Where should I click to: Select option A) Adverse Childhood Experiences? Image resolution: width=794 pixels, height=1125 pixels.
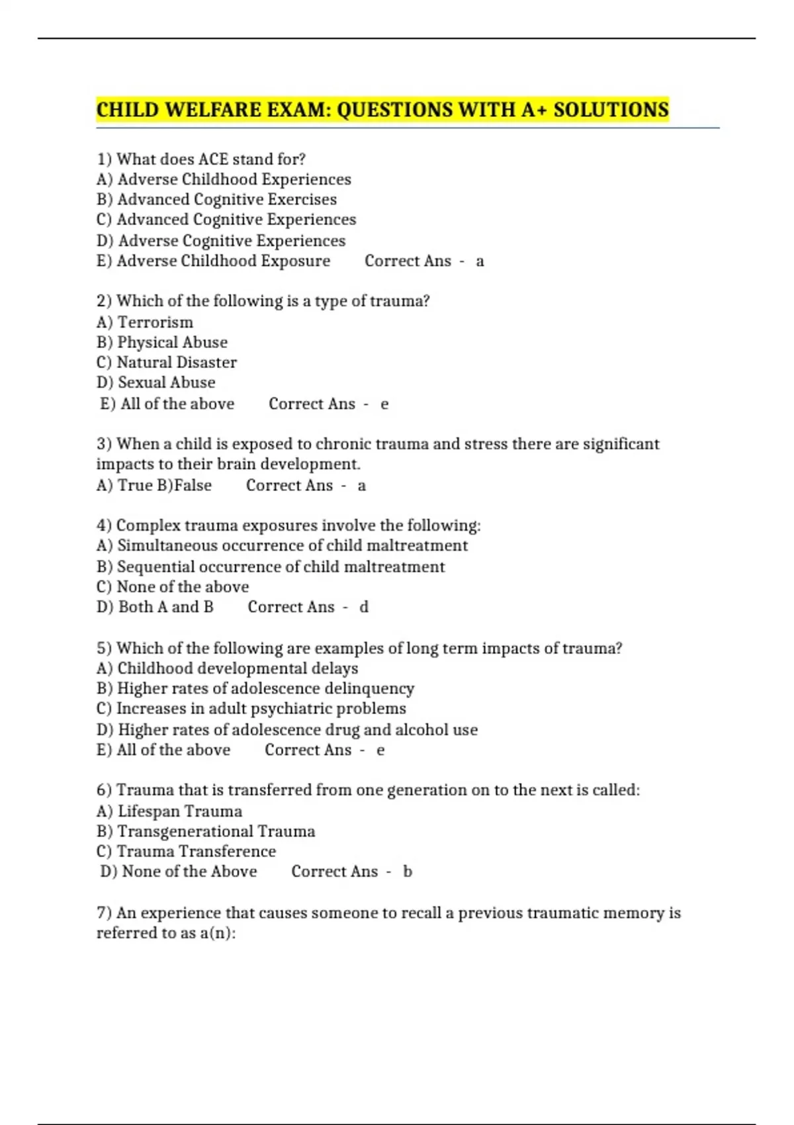[224, 179]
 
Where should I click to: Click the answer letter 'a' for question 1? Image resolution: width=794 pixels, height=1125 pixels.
[480, 261]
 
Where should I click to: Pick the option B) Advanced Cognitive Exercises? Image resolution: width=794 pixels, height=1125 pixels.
[216, 199]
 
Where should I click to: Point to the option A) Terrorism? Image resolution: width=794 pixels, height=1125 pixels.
[145, 322]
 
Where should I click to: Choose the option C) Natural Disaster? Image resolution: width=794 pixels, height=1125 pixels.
[167, 363]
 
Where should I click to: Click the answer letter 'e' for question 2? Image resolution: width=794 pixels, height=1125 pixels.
[384, 404]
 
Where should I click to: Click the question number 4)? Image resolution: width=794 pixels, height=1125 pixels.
[104, 525]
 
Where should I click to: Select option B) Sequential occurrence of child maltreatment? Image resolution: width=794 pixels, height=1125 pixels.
[271, 566]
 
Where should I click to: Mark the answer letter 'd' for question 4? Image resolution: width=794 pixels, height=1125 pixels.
[364, 607]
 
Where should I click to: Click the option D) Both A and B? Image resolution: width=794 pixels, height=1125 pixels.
[155, 607]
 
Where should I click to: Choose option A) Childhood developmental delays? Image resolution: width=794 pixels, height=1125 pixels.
[227, 668]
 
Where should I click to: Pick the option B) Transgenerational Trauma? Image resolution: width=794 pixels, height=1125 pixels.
[206, 831]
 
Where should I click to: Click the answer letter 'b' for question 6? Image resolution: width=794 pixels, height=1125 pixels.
[408, 872]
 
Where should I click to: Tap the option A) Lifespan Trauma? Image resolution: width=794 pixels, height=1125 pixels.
[169, 811]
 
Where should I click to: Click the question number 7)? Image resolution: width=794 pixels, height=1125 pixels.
[104, 913]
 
